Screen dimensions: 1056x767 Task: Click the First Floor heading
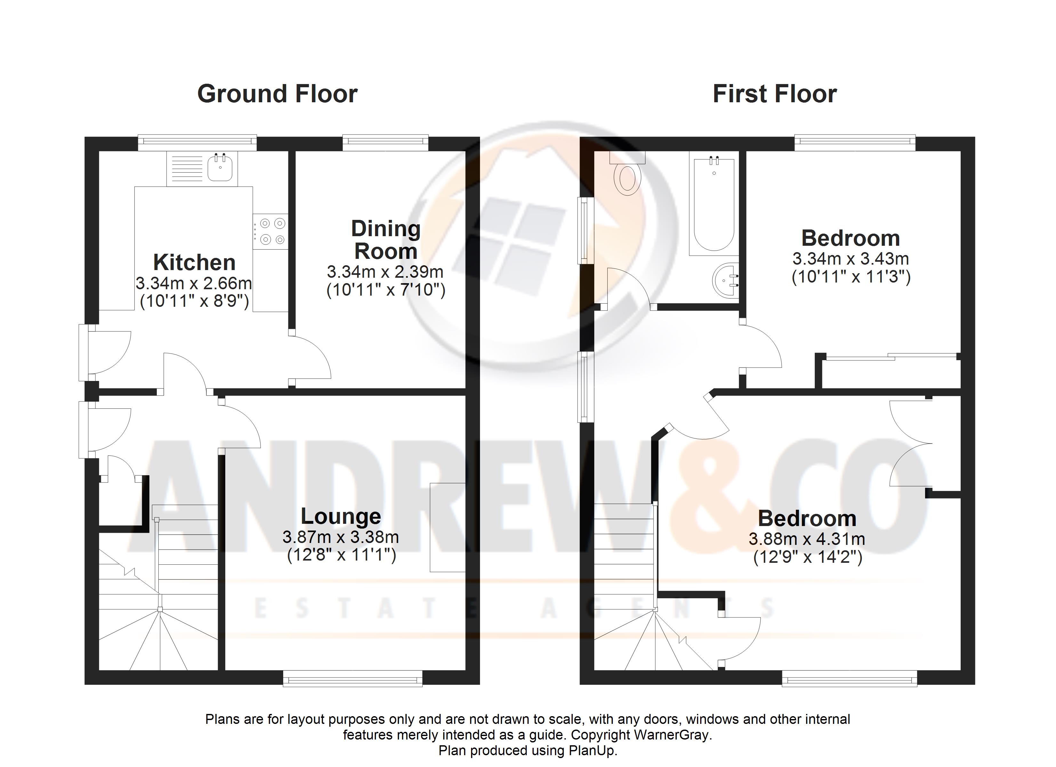pyautogui.click(x=775, y=94)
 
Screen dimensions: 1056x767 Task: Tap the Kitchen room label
pyautogui.click(x=194, y=262)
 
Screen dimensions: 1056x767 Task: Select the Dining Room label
pyautogui.click(x=386, y=240)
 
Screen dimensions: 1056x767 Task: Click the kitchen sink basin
pyautogui.click(x=220, y=167)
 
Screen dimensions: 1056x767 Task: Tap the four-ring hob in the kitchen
pyautogui.click(x=270, y=232)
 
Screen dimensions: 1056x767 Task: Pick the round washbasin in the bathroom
pyautogui.click(x=726, y=281)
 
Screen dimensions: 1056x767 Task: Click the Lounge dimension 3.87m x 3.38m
pyautogui.click(x=341, y=537)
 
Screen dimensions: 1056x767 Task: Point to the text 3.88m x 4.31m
pyautogui.click(x=807, y=539)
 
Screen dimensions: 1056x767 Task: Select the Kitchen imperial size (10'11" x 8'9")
pyautogui.click(x=195, y=301)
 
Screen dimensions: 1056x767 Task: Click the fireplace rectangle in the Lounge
pyautogui.click(x=447, y=527)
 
